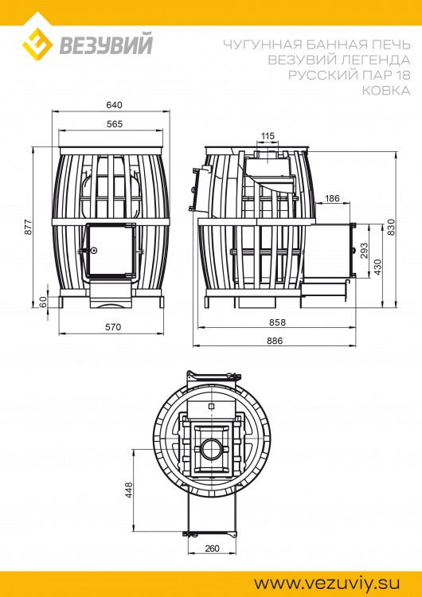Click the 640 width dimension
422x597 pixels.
[115, 105]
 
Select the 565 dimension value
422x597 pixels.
[115, 124]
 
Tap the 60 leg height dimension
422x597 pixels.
[43, 302]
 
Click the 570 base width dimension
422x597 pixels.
[113, 327]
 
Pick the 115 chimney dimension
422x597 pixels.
[268, 136]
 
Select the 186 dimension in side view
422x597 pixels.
[332, 198]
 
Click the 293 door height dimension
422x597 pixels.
[364, 251]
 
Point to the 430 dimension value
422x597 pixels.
[377, 267]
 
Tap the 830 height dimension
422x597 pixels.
[392, 227]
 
